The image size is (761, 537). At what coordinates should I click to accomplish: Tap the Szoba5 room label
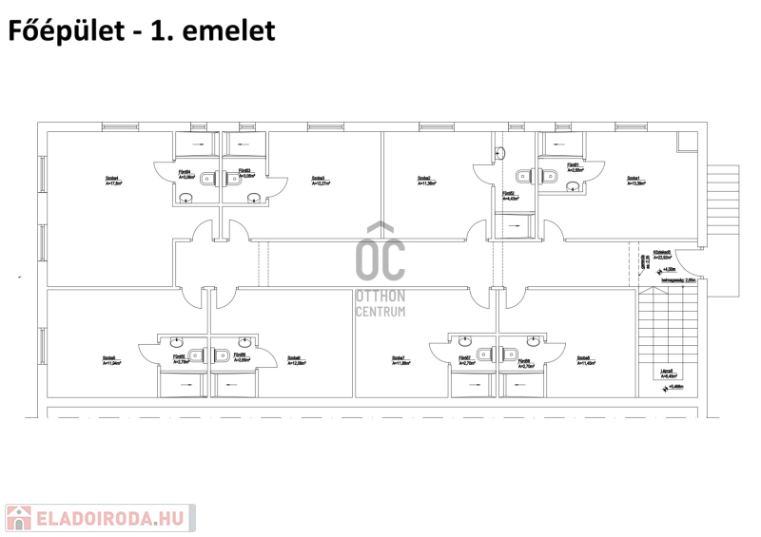110,360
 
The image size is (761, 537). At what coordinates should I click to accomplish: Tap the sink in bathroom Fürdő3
253,197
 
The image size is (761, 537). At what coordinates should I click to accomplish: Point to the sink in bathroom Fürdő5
176,340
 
